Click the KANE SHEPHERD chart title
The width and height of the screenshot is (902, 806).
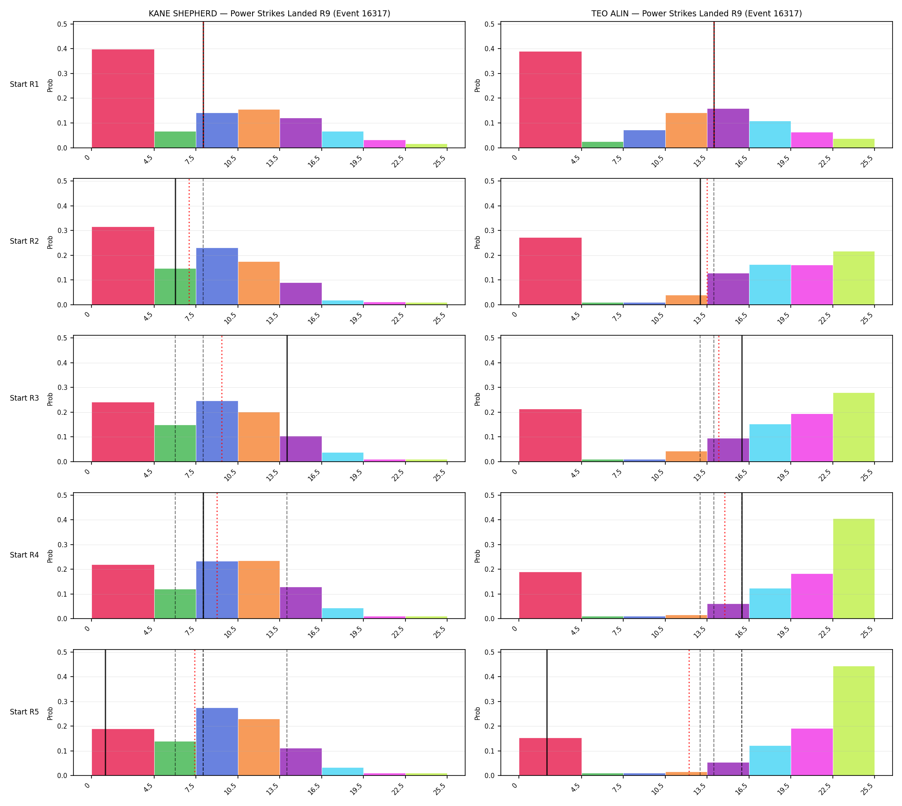coord(269,13)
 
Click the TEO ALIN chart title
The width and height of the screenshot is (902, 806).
coord(696,13)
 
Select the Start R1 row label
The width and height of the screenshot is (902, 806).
coord(24,84)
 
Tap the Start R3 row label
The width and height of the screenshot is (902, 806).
coord(24,398)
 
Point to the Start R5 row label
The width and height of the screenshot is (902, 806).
coord(24,712)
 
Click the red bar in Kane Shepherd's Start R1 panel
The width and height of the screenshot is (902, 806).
coord(123,98)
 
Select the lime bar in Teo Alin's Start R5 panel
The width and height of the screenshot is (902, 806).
coord(853,721)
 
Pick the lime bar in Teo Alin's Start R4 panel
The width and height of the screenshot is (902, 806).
coord(853,569)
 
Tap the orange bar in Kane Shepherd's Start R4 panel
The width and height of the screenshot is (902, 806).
coord(259,590)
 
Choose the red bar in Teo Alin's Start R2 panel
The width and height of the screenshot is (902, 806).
coord(550,271)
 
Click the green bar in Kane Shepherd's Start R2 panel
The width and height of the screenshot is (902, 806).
coord(175,287)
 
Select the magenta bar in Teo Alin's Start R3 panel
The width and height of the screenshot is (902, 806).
coord(812,438)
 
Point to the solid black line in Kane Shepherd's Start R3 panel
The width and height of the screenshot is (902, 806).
coord(287,398)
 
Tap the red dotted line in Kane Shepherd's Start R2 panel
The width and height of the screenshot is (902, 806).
coord(189,242)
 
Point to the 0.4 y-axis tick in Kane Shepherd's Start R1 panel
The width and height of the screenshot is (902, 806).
coord(62,49)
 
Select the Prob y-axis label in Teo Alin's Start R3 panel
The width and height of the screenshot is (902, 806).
coord(478,399)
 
